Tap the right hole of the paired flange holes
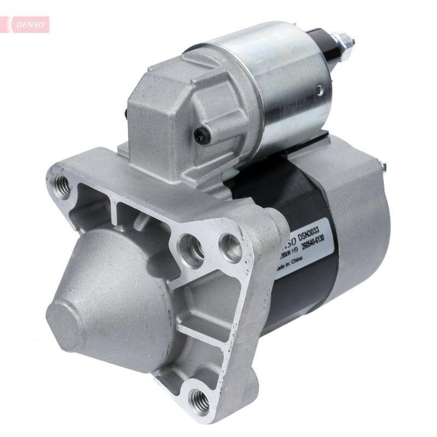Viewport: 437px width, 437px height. tap(229, 246)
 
